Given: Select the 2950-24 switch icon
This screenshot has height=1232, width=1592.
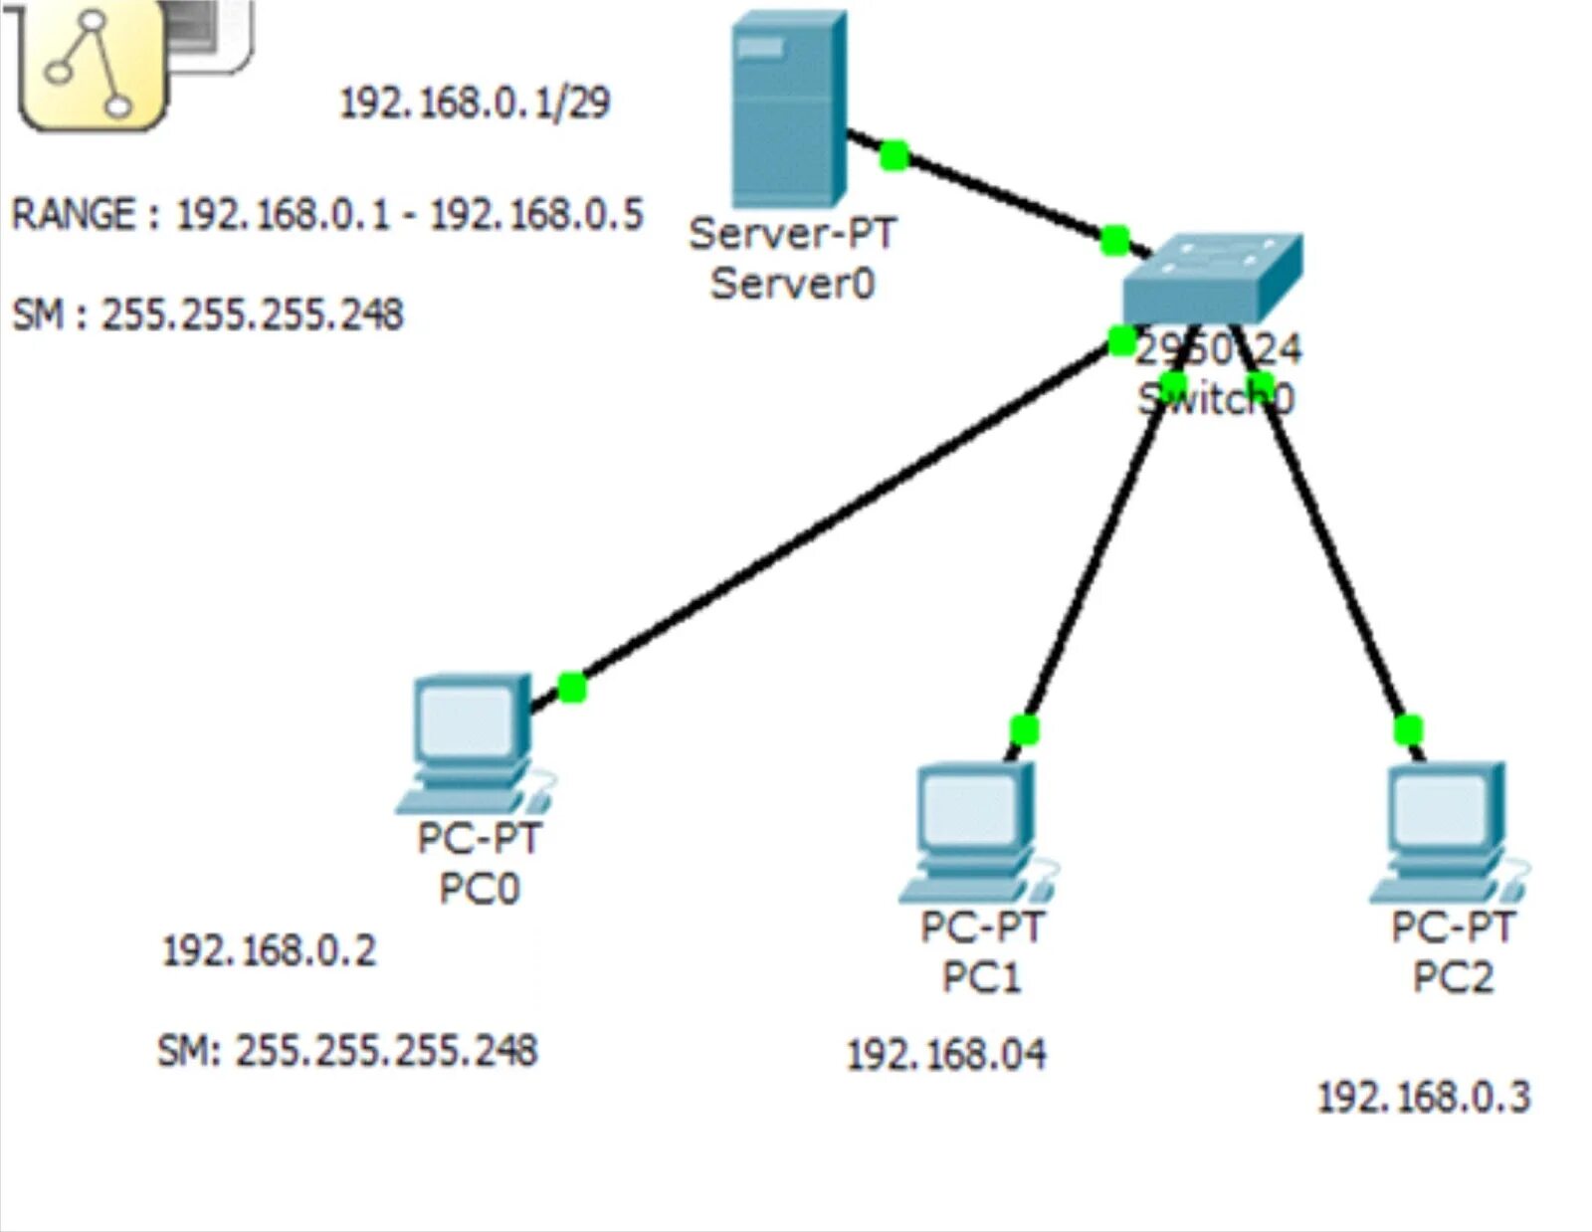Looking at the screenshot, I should coord(1212,279).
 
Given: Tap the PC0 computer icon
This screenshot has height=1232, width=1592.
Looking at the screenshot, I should coord(472,741).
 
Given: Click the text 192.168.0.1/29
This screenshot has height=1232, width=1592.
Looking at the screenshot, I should coord(475,103).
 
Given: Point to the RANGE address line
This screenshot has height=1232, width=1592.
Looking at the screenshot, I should coord(326,215).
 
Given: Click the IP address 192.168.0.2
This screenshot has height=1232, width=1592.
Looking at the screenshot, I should coord(269,950).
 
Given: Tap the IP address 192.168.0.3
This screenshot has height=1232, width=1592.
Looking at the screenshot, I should coord(1423,1097).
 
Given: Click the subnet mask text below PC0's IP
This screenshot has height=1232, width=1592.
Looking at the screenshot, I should coord(347,1050).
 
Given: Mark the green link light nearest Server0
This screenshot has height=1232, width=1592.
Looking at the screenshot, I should coord(894,155).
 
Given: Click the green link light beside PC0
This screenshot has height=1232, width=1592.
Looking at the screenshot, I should coord(571,687).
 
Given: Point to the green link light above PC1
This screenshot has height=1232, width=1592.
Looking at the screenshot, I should coord(1024,729).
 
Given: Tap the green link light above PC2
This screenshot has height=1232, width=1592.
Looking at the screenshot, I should coord(1408,729).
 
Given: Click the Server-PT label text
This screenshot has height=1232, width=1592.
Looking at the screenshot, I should coord(792,234).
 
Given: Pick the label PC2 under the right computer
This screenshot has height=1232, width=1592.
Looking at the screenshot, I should coord(1453,977).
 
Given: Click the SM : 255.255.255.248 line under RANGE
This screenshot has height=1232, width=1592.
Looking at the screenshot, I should coord(207,314).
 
